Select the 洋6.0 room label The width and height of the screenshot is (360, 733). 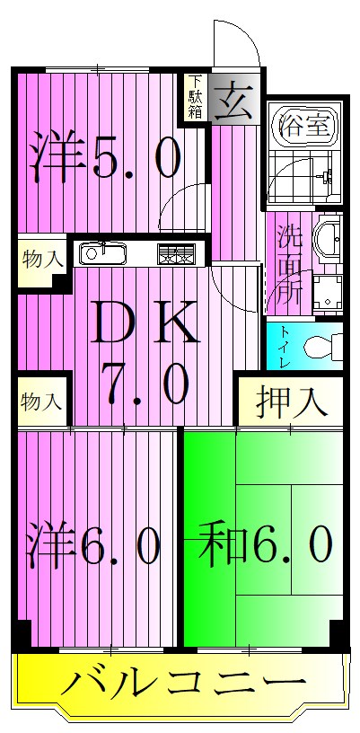click(93, 545)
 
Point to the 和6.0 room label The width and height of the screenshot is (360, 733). click(266, 545)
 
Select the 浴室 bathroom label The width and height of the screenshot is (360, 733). click(303, 124)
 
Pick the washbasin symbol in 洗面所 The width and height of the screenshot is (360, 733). click(328, 238)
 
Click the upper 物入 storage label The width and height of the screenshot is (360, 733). click(41, 261)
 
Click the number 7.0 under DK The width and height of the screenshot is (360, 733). click(144, 386)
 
